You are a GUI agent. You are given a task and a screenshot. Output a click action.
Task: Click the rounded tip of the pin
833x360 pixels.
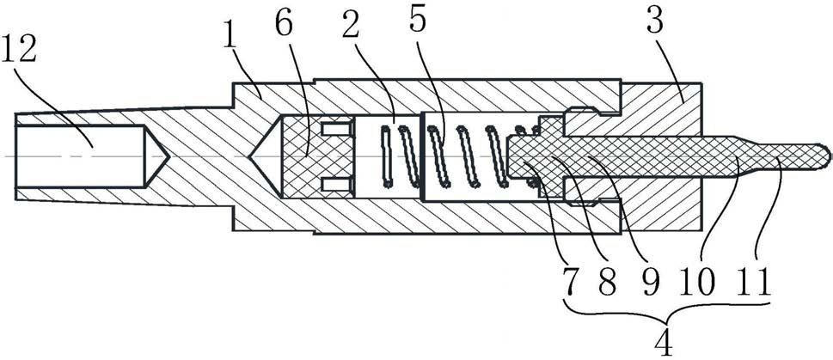click(x=824, y=156)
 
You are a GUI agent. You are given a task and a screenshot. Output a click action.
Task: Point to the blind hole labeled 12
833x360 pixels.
click(x=77, y=156)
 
